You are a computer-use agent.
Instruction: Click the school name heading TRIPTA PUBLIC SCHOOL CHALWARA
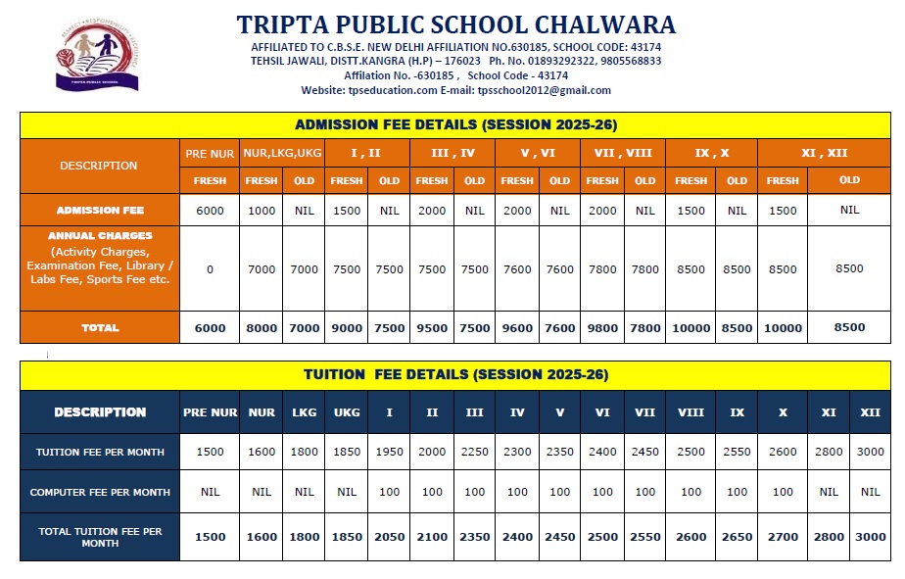click(455, 24)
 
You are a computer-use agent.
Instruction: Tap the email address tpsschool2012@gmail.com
click(545, 90)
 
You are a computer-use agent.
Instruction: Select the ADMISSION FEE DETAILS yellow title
click(455, 125)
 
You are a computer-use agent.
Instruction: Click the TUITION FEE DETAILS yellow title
click(455, 375)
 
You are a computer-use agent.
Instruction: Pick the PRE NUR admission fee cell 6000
click(210, 211)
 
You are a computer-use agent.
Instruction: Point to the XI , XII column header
click(824, 153)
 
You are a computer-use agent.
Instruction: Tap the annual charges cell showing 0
click(210, 269)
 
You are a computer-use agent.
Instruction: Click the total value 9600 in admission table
click(517, 328)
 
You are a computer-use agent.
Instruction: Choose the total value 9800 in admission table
click(602, 328)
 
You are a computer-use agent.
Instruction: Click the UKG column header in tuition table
click(347, 412)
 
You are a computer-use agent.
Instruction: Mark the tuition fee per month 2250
click(474, 453)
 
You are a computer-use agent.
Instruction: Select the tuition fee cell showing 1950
click(389, 453)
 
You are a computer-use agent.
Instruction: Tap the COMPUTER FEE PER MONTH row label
click(100, 492)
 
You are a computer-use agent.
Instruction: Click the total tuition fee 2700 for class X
click(783, 537)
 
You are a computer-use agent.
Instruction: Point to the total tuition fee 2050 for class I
click(389, 537)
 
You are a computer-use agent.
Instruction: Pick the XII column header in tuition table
click(870, 412)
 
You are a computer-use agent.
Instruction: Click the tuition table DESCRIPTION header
click(100, 412)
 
